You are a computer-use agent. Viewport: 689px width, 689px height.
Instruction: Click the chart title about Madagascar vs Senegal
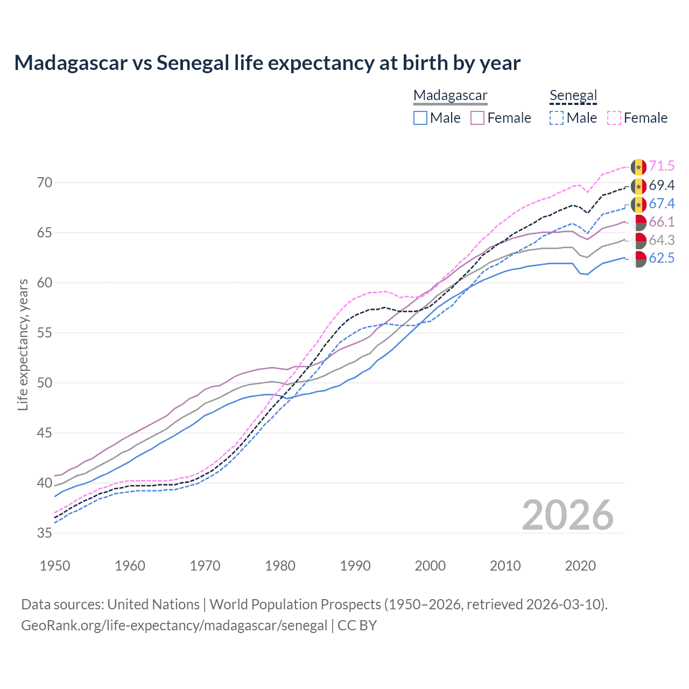coord(267,63)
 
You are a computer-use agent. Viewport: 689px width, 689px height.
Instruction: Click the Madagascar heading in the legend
coord(450,96)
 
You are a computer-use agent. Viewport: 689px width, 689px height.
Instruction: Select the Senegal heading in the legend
coord(573,96)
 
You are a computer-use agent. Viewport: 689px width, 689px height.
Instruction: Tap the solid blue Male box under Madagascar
coord(420,118)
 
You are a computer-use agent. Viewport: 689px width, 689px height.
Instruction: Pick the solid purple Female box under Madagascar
coord(477,118)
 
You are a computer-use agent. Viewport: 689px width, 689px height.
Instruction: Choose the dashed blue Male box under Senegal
coord(557,118)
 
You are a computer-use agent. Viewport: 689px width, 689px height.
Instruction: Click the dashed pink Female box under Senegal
coord(614,118)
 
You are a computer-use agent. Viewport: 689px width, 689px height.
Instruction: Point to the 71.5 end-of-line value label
coord(662,166)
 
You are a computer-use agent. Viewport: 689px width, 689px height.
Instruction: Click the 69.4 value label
coord(662,186)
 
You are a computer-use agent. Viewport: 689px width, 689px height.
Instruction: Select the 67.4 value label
coord(662,203)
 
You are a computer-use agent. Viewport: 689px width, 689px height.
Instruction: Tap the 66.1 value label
coord(662,222)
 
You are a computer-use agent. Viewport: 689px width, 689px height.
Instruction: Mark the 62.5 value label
coord(662,258)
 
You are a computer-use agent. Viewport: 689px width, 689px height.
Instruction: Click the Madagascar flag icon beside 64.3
coord(638,241)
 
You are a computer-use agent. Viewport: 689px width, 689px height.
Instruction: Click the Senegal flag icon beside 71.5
coord(638,167)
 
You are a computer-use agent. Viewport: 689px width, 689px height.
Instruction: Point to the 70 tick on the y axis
coord(45,183)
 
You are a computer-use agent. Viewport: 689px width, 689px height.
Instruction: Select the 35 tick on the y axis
coord(45,533)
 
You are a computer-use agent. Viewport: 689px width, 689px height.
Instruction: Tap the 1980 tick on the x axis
coord(280,566)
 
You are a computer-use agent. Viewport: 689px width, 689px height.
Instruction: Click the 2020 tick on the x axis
coord(580,566)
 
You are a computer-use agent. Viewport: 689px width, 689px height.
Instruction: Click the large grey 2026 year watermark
coord(567,515)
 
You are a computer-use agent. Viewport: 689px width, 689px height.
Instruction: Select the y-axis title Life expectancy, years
coord(23,344)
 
